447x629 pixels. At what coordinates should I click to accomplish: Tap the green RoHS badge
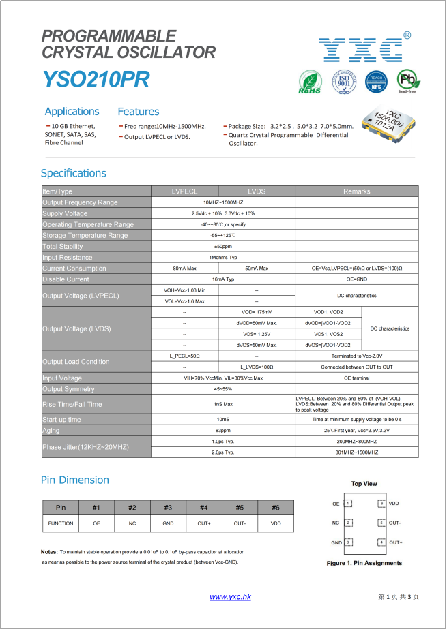[x=310, y=82]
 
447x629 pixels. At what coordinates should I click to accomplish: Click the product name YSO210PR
[x=96, y=80]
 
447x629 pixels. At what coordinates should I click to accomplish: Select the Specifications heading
[x=74, y=173]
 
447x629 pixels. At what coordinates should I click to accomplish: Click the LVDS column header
[x=257, y=191]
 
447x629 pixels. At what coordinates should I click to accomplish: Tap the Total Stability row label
[x=63, y=246]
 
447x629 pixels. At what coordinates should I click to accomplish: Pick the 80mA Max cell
[x=185, y=269]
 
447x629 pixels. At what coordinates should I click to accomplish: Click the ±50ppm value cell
[x=223, y=246]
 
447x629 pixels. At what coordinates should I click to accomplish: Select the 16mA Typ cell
[x=223, y=279]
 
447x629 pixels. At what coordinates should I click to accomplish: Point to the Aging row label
[x=51, y=431]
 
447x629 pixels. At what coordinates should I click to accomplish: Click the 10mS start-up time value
[x=223, y=420]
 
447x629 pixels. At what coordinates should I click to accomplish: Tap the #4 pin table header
[x=204, y=507]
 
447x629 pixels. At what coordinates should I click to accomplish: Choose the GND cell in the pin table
[x=168, y=523]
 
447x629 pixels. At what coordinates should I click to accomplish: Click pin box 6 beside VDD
[x=381, y=504]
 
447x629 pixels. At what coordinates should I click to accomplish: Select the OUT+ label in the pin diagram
[x=395, y=542]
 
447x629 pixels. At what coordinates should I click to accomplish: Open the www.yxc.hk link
[x=231, y=597]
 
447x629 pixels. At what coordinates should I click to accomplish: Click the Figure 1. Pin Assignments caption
[x=364, y=563]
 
